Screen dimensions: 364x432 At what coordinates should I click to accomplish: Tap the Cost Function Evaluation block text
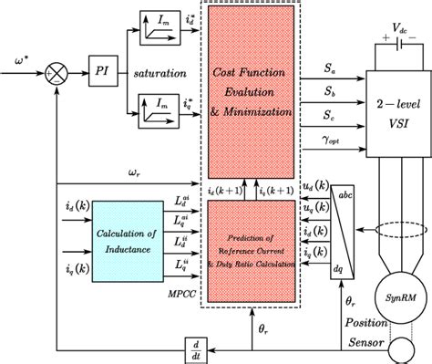253,89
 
